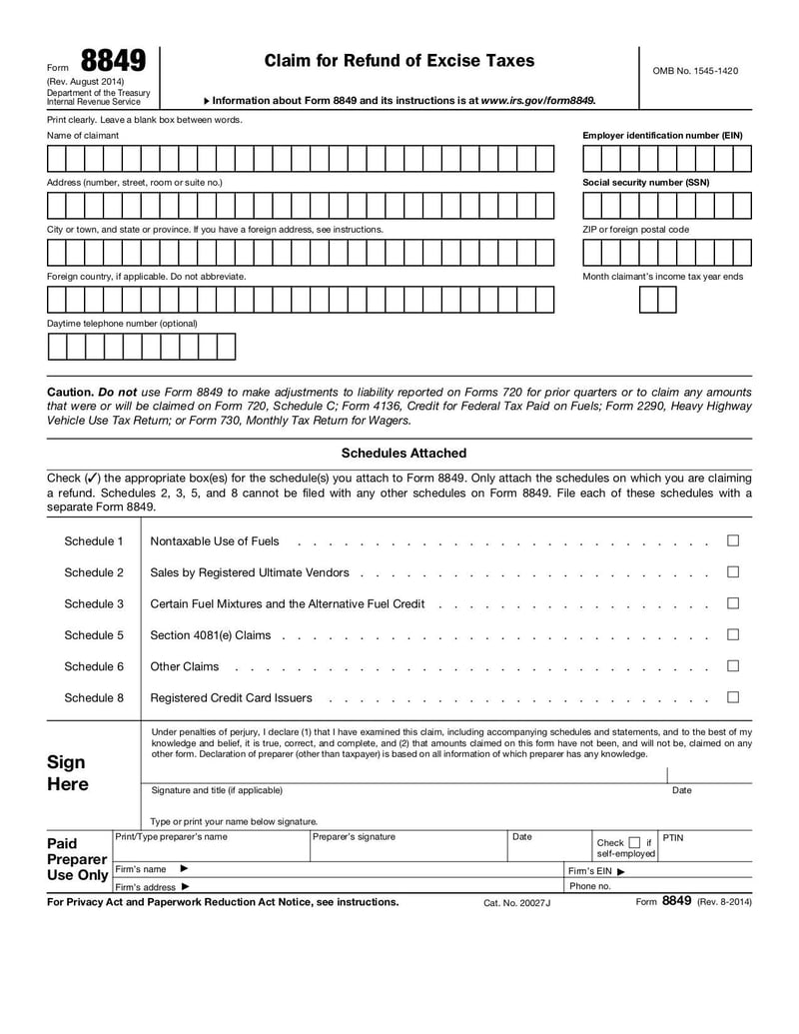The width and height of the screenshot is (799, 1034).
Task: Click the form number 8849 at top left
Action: tap(114, 62)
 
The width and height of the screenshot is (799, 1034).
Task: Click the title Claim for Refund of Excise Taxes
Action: tap(399, 61)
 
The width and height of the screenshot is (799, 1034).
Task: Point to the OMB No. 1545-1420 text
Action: tap(695, 71)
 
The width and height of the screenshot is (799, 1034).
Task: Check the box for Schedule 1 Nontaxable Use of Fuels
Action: tap(733, 540)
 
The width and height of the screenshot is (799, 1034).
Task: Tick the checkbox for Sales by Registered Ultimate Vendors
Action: tap(733, 572)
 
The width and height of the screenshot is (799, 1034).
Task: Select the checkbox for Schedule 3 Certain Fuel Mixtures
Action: tap(733, 603)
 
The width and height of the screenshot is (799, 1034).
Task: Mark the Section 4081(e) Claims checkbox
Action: tap(733, 634)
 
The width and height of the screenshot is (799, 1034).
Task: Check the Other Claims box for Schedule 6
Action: tap(733, 665)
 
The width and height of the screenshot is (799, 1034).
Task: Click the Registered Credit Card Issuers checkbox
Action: tap(733, 697)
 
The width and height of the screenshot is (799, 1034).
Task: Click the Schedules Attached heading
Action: tap(403, 454)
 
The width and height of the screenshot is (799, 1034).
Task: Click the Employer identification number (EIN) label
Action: tap(662, 135)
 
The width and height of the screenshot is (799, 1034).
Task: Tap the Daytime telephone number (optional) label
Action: tap(122, 324)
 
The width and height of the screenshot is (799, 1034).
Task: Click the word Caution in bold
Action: tap(70, 393)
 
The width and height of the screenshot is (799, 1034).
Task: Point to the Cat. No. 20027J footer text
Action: tap(516, 902)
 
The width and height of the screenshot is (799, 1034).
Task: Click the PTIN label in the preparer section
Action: tap(673, 837)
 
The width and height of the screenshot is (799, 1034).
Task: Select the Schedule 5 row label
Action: tap(94, 635)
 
